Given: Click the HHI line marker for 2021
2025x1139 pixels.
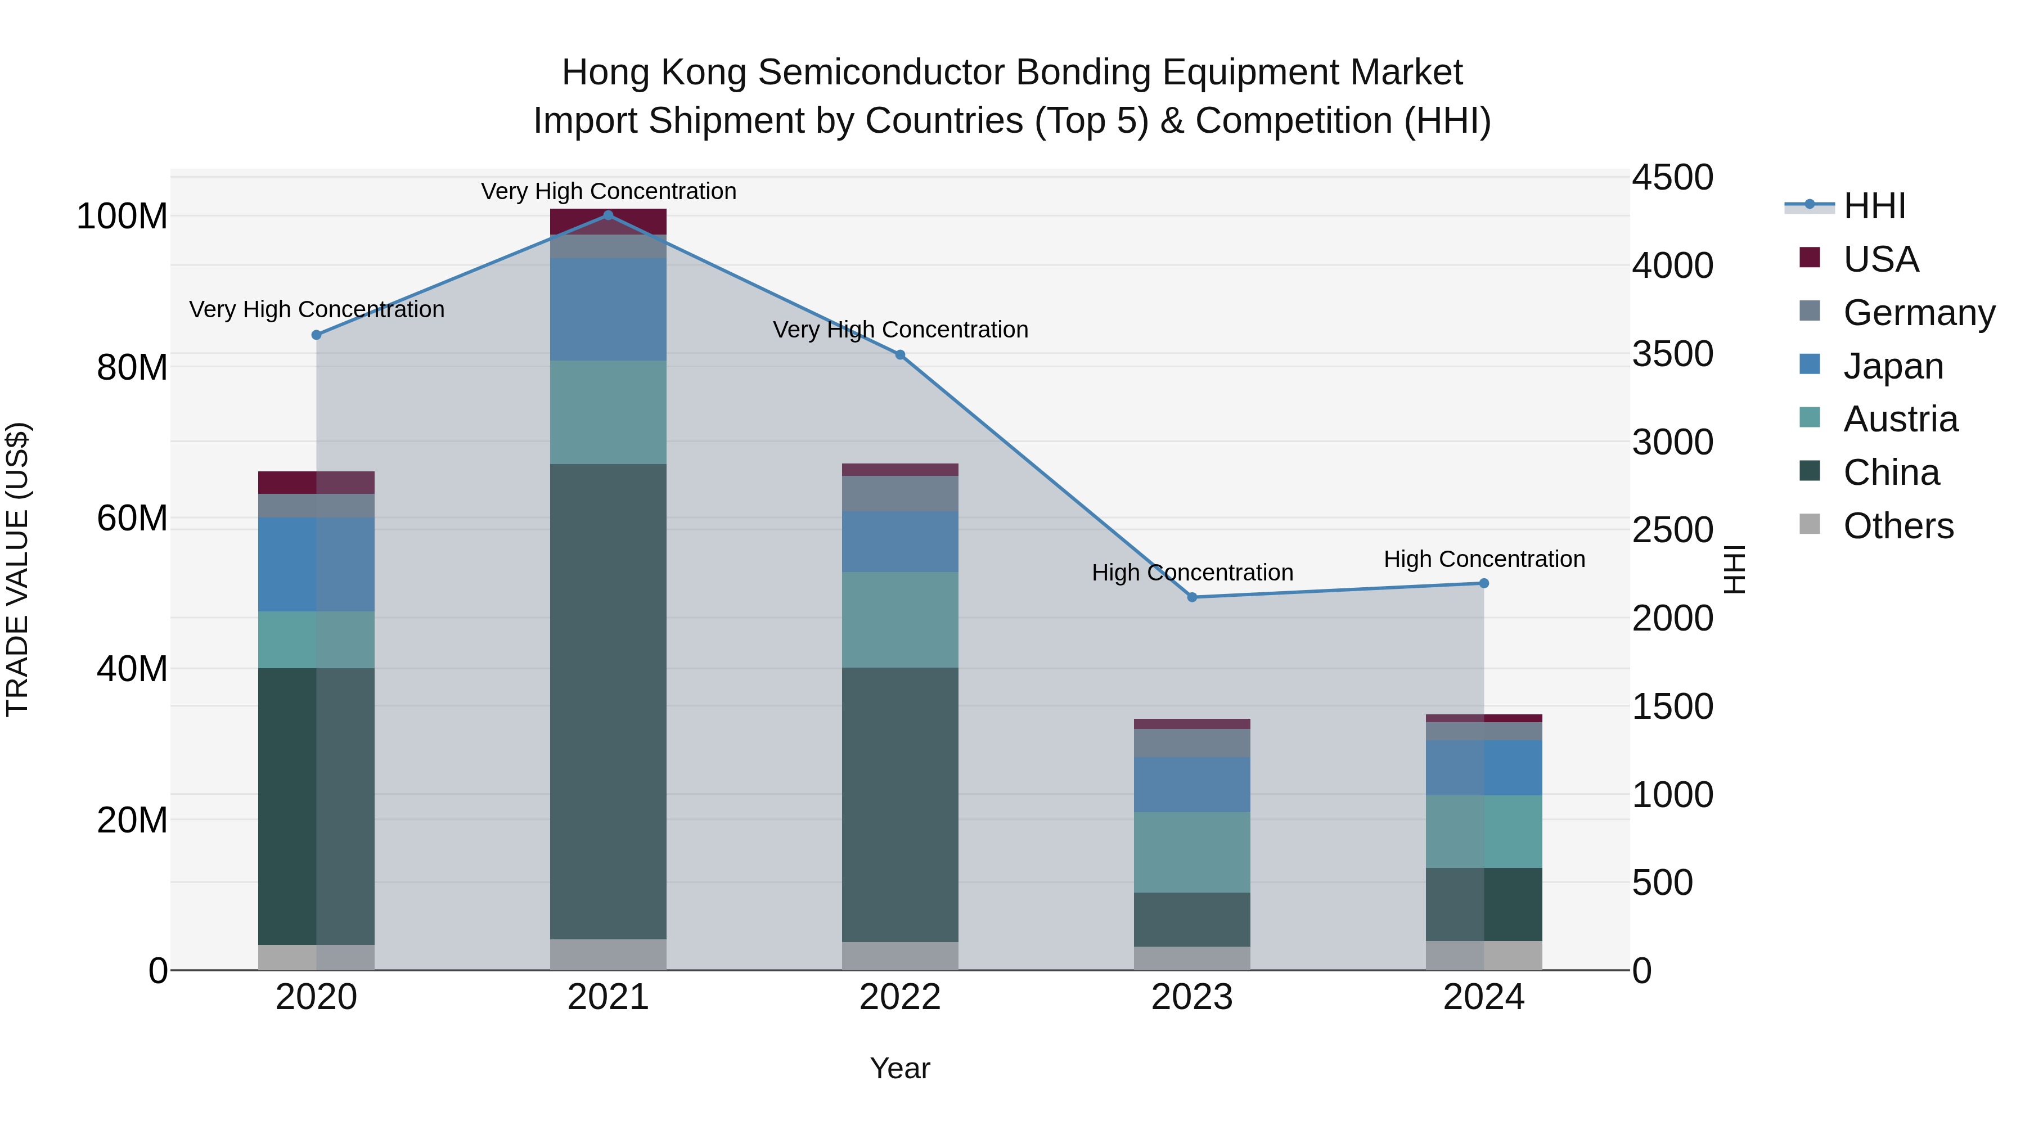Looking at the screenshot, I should (607, 215).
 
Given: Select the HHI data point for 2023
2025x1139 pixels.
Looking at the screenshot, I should (1192, 597).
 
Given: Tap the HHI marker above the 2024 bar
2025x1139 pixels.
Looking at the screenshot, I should (1483, 583).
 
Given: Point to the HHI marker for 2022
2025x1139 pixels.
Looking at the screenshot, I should (900, 354).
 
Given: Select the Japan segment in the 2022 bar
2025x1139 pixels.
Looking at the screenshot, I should (900, 542).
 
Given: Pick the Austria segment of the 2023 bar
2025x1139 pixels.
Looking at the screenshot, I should (1192, 852).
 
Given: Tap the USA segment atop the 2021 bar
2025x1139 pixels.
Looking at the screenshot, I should (607, 222).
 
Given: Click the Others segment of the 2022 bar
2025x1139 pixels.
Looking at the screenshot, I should (900, 956).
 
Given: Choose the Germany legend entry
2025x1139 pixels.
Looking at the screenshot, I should (1919, 313).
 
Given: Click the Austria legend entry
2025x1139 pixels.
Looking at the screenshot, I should (1900, 419).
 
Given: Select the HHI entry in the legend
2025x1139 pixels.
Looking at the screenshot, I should (1874, 206).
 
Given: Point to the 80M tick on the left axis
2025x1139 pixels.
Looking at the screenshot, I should (132, 368).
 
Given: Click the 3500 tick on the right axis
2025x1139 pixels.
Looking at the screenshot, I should (1672, 354).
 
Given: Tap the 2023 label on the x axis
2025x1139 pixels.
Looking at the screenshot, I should (1192, 997).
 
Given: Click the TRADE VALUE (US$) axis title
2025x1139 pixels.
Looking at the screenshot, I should (17, 569).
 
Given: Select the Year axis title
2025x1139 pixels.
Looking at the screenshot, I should (900, 1068).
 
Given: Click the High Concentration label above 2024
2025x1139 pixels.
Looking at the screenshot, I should (1483, 559).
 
